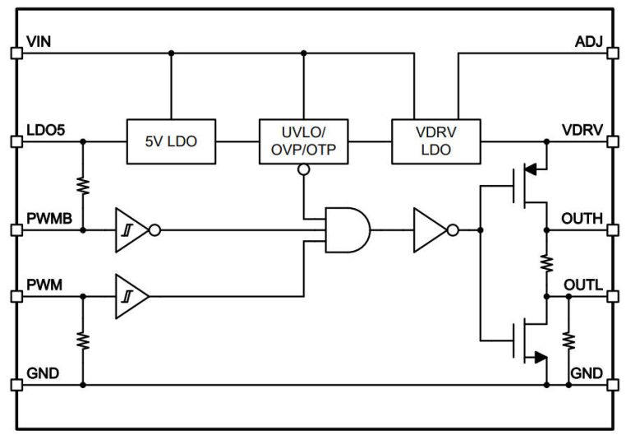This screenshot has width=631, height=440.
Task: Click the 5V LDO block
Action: point(171,141)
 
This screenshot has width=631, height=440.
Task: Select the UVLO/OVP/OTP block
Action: point(303,141)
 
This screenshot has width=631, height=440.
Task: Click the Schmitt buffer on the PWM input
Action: point(132,294)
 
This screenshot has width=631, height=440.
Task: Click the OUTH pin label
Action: point(582,218)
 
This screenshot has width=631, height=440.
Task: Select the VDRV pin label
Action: point(582,129)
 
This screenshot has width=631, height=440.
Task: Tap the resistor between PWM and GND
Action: point(82,339)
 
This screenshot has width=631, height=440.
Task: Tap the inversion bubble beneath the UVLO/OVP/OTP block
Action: point(303,170)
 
